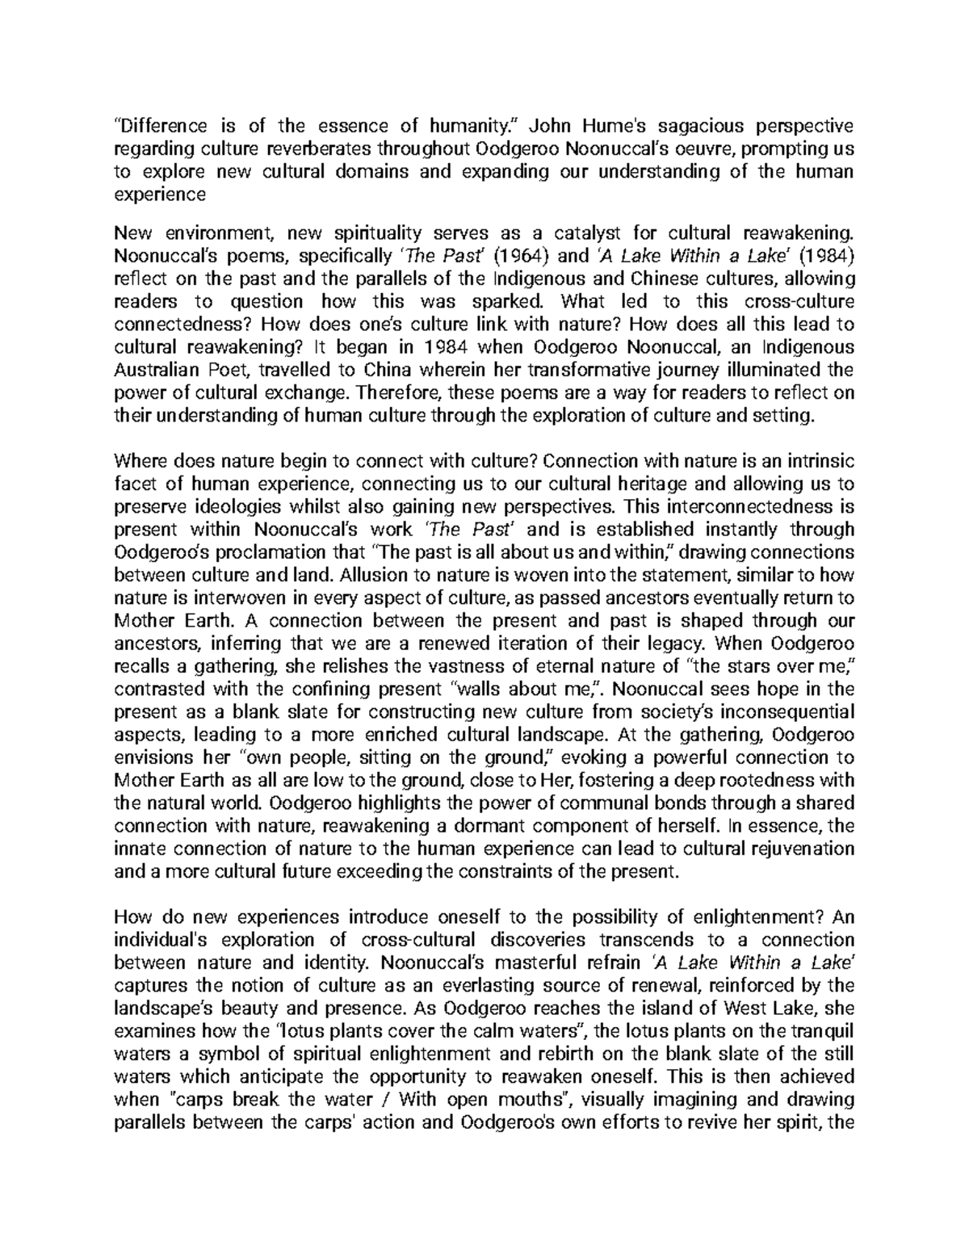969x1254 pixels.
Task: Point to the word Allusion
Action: (372, 576)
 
